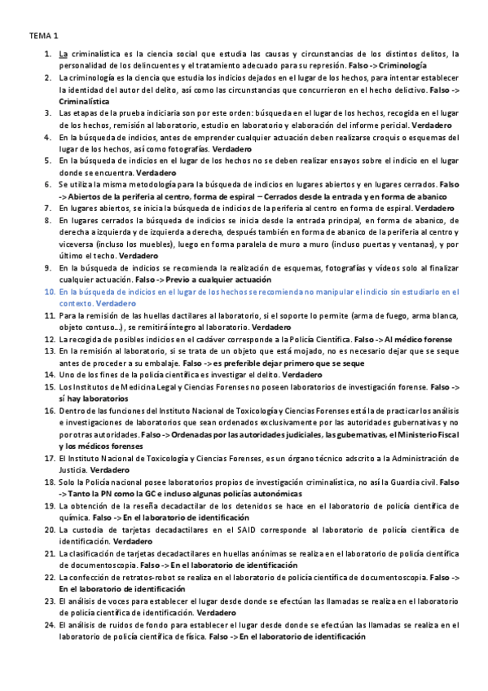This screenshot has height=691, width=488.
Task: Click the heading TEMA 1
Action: tap(44, 37)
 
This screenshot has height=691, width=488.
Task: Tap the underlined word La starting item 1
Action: tap(64, 54)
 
